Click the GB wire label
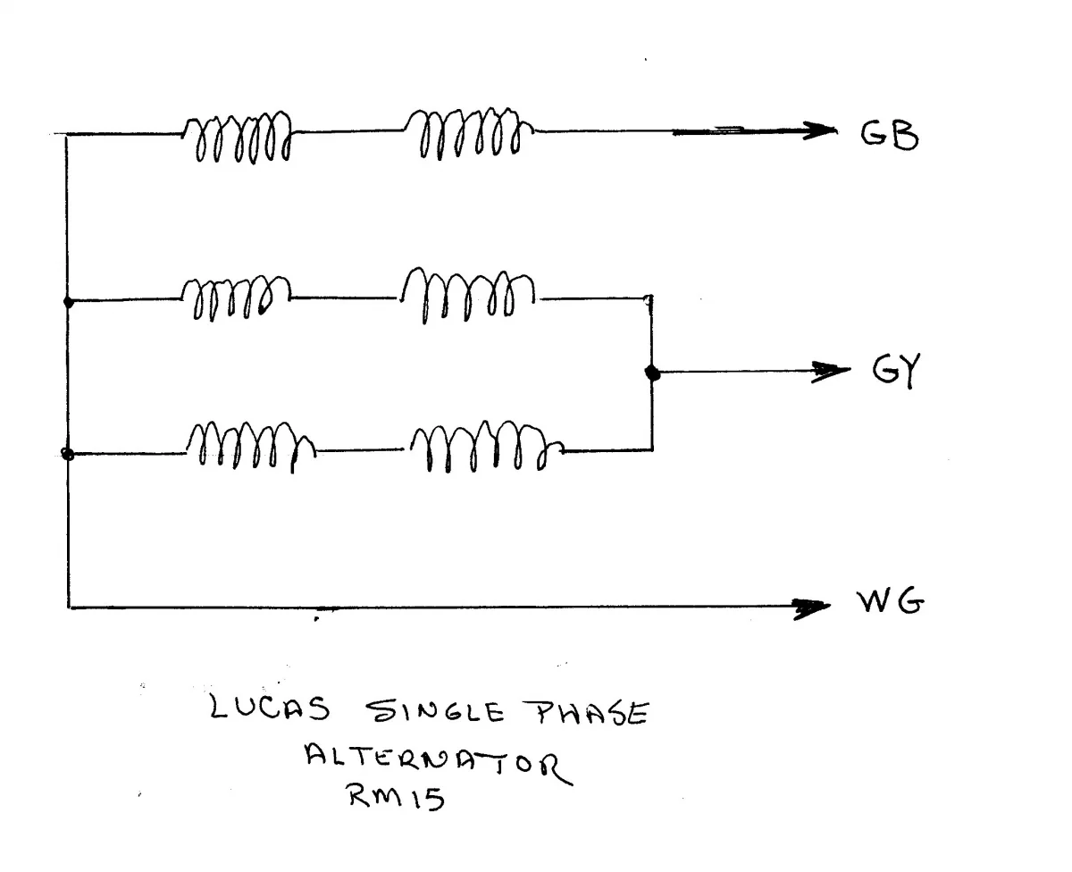click(888, 136)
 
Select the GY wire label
click(896, 370)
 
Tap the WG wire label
click(890, 604)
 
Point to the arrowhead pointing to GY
click(831, 372)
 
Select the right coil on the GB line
click(470, 134)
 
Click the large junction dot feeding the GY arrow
click(652, 373)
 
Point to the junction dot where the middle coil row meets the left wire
click(69, 302)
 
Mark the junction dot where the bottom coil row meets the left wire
click(67, 454)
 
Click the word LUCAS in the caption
click(270, 710)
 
